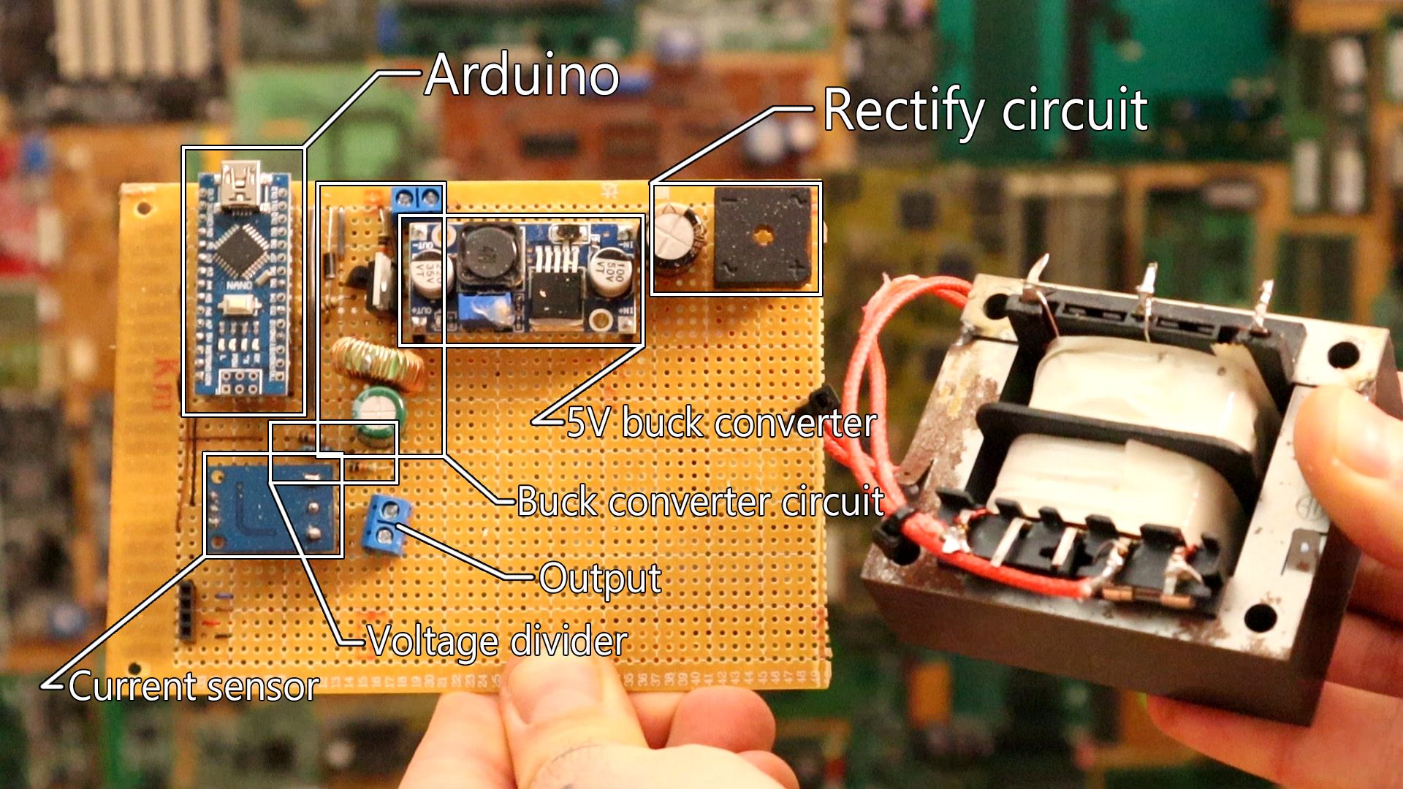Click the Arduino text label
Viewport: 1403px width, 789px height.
(x=522, y=75)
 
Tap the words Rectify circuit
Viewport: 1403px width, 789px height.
(x=985, y=110)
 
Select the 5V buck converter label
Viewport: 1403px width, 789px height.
(x=721, y=423)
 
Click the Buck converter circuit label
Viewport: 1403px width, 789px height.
(x=700, y=502)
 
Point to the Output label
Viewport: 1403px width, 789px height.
(x=600, y=579)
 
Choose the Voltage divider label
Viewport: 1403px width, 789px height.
(x=497, y=641)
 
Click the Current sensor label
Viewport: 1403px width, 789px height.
(x=194, y=687)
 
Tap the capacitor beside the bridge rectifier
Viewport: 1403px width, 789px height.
(x=677, y=237)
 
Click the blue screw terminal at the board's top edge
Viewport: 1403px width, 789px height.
(x=417, y=198)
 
